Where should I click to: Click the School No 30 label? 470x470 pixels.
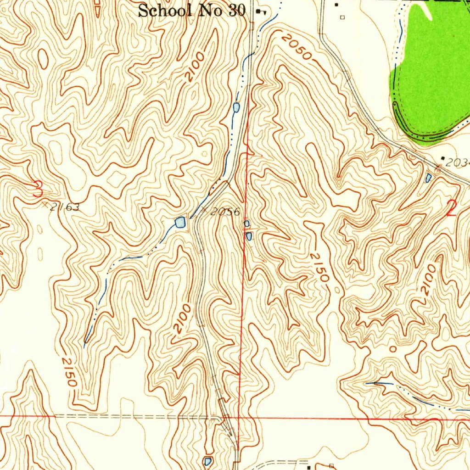(192, 10)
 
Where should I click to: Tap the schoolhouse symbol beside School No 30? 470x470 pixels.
(260, 11)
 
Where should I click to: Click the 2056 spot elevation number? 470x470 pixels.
(225, 212)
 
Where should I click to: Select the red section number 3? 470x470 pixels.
(38, 189)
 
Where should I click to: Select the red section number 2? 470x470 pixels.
(452, 209)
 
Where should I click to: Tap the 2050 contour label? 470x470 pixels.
(297, 48)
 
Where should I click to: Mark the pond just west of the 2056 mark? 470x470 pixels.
(180, 223)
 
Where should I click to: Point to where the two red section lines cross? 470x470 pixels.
(240, 418)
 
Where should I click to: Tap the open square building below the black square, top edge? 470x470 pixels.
(342, 17)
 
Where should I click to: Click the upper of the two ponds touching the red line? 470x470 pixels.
(246, 224)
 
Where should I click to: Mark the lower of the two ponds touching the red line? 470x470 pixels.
(248, 236)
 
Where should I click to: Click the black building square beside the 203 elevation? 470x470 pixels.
(442, 158)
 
